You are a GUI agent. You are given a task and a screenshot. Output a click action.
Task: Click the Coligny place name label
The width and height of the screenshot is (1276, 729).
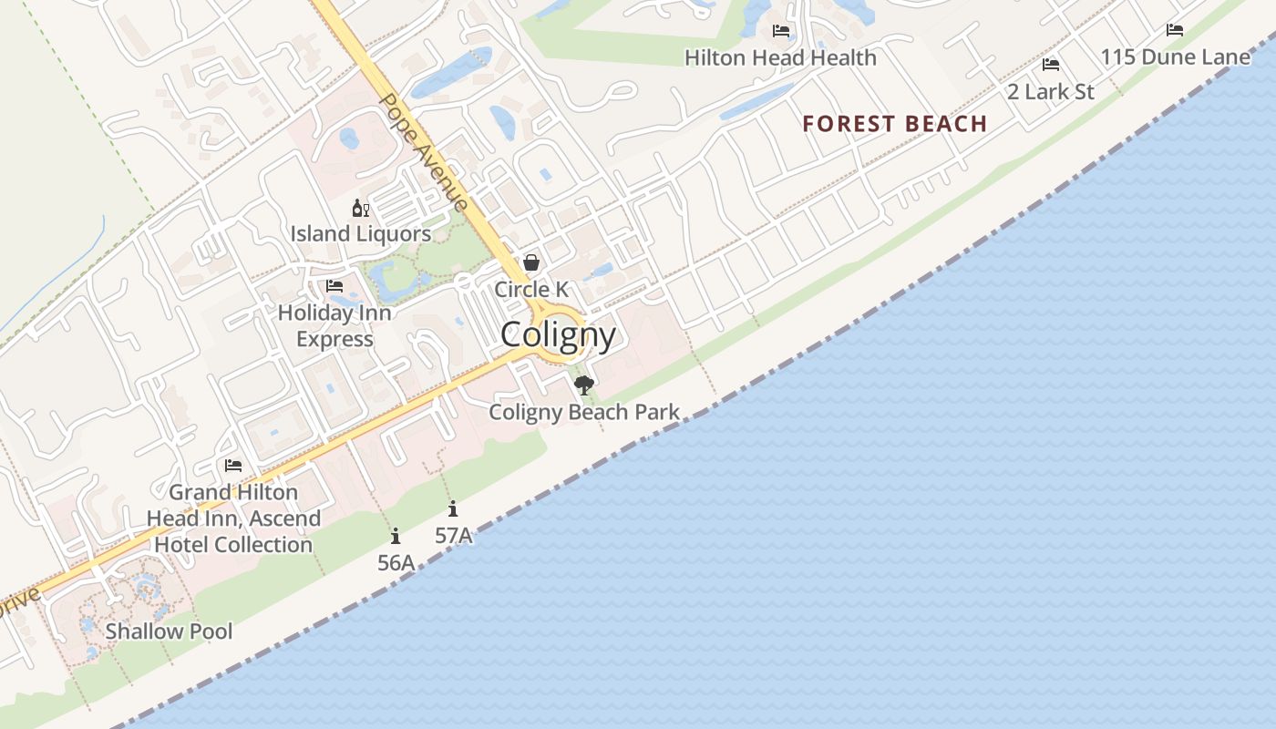pos(558,335)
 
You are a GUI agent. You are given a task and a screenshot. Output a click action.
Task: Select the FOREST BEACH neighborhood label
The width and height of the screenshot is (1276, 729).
pos(895,124)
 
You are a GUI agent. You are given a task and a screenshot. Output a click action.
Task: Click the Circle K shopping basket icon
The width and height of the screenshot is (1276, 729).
pos(531,263)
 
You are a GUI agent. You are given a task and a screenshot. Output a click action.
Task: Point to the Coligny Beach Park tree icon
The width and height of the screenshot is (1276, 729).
pos(584,385)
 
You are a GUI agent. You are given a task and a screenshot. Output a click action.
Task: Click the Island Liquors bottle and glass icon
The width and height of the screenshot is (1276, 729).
pos(361,209)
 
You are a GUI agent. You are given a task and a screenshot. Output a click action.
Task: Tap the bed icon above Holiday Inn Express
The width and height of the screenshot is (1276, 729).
pos(334,286)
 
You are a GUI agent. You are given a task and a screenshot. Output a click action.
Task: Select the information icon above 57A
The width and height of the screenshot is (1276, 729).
pos(453,509)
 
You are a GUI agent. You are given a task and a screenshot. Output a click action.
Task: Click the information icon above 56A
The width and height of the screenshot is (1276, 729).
pos(396,537)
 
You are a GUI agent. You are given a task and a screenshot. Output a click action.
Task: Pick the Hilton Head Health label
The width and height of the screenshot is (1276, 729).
pos(780,57)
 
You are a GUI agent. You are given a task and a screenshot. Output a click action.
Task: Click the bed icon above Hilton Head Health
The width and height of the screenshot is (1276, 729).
pos(781,31)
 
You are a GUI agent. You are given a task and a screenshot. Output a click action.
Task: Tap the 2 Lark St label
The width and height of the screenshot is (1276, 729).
pos(1050,91)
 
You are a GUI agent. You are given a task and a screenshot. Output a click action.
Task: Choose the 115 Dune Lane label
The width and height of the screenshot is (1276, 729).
pos(1175,57)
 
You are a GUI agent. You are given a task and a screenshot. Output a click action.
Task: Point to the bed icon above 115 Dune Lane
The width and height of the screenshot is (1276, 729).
pos(1175,30)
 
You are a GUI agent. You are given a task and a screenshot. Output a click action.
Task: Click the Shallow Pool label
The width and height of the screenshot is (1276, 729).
pos(169,631)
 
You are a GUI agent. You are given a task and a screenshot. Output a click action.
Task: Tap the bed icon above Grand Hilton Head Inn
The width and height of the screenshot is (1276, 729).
pos(233,466)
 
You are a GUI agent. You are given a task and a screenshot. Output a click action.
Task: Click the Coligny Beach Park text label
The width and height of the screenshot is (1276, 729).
pos(584,412)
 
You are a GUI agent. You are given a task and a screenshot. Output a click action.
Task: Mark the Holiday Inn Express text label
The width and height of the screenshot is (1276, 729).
pos(334,326)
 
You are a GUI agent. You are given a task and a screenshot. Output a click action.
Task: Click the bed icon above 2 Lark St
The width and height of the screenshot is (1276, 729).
pos(1051,65)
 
